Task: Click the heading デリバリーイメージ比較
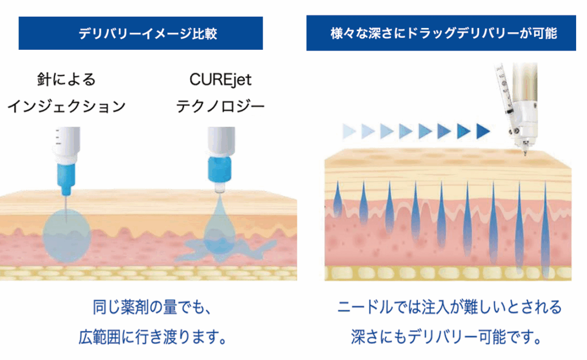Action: tap(140, 33)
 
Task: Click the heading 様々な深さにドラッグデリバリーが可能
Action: tap(444, 33)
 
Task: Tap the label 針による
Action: tap(66, 79)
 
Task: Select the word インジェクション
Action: tap(66, 107)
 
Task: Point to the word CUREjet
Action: tap(220, 79)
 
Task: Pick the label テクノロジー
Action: tap(220, 107)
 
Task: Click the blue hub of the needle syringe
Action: tap(66, 175)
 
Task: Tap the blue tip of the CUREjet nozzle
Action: tap(218, 169)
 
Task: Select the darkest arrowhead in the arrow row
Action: tap(481, 131)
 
